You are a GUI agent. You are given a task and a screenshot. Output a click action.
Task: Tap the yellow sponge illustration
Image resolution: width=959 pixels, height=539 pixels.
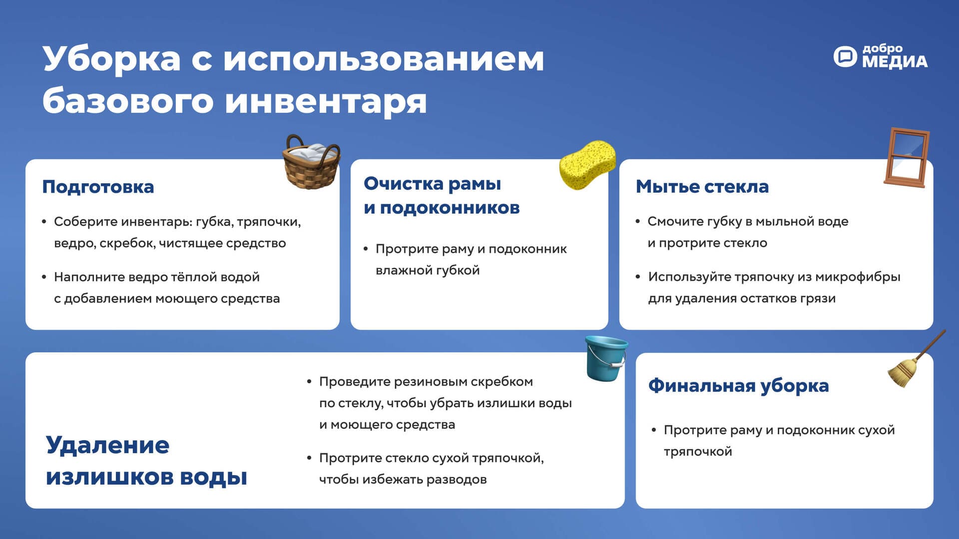click(x=587, y=165)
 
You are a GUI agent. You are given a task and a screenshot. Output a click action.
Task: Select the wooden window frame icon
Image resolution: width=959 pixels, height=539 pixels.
click(x=907, y=158)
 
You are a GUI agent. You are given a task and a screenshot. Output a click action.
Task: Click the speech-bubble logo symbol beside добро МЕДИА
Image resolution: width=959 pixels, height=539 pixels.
click(x=845, y=56)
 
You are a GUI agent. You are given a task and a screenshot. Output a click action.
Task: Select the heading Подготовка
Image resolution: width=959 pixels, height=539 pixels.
click(x=98, y=187)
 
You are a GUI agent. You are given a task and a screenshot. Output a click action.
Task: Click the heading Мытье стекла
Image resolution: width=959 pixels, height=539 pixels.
click(x=702, y=187)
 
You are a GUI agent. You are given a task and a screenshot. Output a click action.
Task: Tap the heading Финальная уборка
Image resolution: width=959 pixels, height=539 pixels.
click(x=738, y=386)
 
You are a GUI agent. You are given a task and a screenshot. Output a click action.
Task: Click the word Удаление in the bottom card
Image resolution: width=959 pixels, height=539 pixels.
click(x=107, y=445)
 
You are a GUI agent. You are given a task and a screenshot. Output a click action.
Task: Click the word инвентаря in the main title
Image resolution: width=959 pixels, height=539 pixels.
click(x=326, y=102)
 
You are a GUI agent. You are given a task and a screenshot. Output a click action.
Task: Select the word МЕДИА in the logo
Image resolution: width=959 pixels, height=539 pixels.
click(x=895, y=61)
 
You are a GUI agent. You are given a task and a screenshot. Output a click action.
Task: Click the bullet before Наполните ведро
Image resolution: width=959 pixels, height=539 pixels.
click(x=44, y=276)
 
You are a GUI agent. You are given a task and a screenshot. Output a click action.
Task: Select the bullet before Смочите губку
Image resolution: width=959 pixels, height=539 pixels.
click(x=638, y=221)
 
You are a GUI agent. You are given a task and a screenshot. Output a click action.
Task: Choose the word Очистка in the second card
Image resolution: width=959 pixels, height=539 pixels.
click(x=403, y=184)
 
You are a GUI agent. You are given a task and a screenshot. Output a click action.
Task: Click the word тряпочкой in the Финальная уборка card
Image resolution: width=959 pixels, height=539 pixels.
click(x=698, y=452)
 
